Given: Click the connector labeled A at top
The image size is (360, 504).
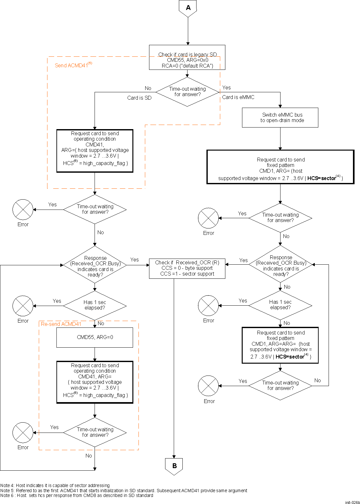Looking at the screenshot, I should (188, 8).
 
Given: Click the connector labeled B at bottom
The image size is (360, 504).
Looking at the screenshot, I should (174, 466).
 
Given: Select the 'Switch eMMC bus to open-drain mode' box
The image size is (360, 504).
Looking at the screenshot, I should (280, 118).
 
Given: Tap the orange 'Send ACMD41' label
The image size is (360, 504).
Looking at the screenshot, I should (73, 65).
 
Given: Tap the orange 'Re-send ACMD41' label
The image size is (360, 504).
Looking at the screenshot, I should (61, 324).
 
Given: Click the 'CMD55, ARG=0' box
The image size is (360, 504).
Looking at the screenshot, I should (95, 337).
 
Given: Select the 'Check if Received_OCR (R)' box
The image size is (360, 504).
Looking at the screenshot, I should (187, 268).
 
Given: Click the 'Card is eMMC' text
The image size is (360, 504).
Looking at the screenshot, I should (238, 97).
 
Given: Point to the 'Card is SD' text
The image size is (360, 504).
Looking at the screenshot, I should (139, 98).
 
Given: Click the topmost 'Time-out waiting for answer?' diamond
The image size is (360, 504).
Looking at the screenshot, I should (187, 92).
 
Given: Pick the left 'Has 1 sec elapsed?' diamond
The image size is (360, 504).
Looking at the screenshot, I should (95, 305).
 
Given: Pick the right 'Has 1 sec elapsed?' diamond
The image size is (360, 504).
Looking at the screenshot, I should (280, 305).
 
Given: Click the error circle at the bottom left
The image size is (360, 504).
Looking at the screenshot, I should (23, 432).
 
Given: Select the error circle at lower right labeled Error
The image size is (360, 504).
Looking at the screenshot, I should (208, 385).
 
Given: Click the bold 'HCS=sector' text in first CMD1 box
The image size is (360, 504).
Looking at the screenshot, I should (322, 178).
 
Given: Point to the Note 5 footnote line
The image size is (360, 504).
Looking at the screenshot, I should (124, 491).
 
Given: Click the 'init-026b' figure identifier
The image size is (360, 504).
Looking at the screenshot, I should (352, 502).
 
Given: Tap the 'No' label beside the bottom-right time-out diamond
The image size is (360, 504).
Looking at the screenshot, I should (317, 380).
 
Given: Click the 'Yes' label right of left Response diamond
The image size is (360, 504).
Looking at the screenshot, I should (134, 260).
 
